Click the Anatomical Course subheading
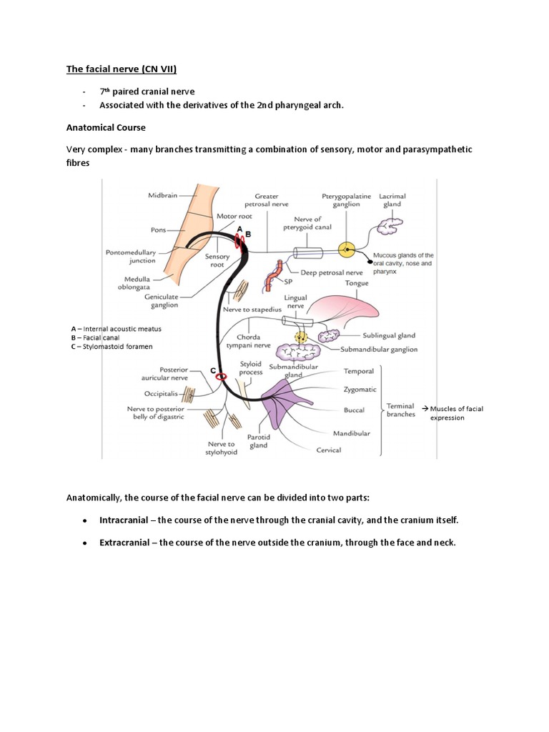(106, 128)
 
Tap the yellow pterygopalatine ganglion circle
(347, 251)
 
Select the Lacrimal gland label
(391, 199)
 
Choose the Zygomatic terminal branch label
(359, 390)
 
